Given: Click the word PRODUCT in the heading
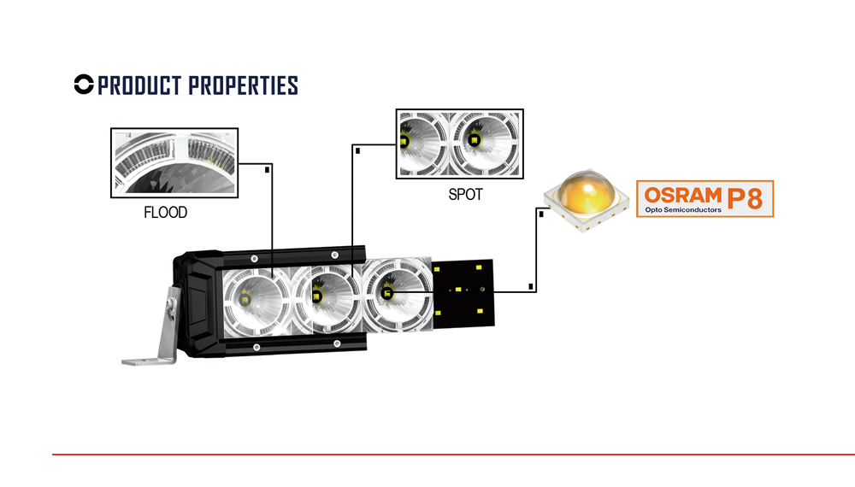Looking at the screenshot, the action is pyautogui.click(x=139, y=85).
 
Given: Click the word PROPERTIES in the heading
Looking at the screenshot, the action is pyautogui.click(x=243, y=85).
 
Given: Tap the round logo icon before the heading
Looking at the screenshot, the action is pyautogui.click(x=84, y=85).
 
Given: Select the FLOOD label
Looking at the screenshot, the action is pyautogui.click(x=165, y=213).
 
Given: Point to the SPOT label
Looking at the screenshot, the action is pyautogui.click(x=465, y=195).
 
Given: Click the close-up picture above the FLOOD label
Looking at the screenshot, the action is pyautogui.click(x=174, y=163).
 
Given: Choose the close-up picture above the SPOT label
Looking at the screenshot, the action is pyautogui.click(x=460, y=144).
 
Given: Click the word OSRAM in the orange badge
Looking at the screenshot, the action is pyautogui.click(x=682, y=195).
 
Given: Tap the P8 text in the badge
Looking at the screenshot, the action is pyautogui.click(x=745, y=198).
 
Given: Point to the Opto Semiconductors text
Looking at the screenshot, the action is pyautogui.click(x=682, y=209).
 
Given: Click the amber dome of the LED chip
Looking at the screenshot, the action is pyautogui.click(x=587, y=192).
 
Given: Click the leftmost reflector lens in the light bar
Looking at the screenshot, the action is pyautogui.click(x=256, y=302).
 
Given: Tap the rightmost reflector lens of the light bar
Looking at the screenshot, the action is pyautogui.click(x=397, y=294).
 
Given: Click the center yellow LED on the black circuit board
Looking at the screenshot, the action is pyautogui.click(x=458, y=290).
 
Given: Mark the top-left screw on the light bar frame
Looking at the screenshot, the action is pyautogui.click(x=254, y=258).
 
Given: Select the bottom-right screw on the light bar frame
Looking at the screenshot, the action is pyautogui.click(x=337, y=343).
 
